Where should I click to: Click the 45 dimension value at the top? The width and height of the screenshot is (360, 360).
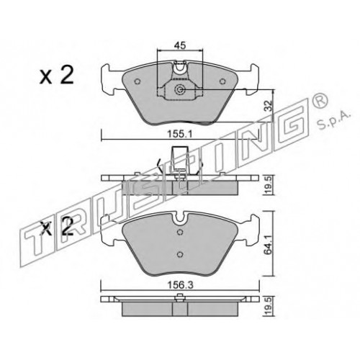click(x=180, y=45)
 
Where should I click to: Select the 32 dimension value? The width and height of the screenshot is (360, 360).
click(x=269, y=106)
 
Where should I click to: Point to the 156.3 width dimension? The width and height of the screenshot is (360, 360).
click(x=180, y=285)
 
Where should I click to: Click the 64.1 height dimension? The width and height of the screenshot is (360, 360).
click(x=269, y=243)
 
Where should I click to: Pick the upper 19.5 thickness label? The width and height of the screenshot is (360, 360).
click(x=269, y=185)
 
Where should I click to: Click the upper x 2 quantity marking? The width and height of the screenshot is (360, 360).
click(x=57, y=76)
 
